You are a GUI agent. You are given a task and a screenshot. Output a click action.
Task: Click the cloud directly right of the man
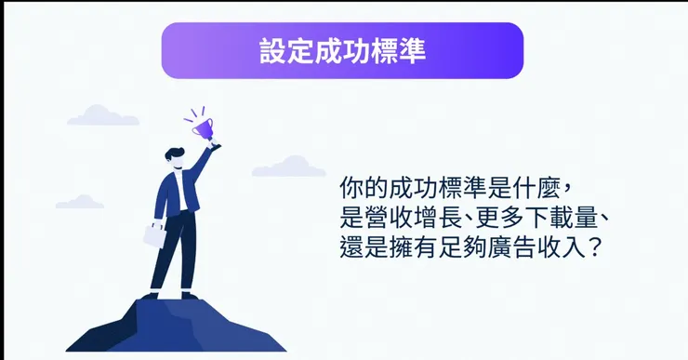click(289, 167)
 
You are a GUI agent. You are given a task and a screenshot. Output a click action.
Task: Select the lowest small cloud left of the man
click(80, 201)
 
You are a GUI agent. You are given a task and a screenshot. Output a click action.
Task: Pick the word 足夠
click(459, 250)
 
